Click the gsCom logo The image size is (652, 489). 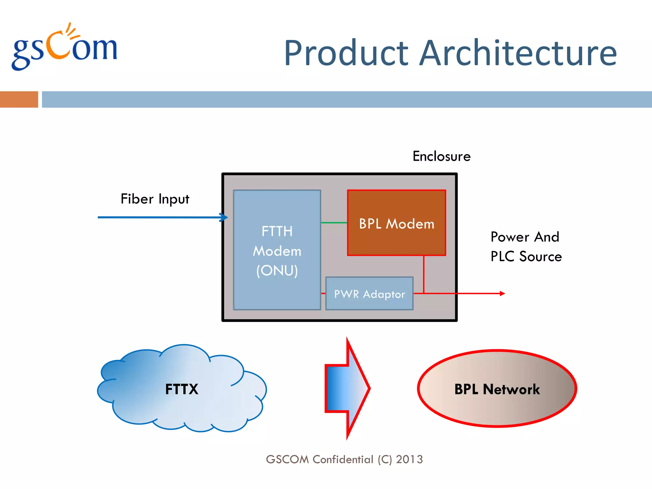pos(65,48)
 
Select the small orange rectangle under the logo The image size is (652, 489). pos(19,99)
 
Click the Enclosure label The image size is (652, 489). pos(442,156)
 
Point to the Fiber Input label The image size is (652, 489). pos(155,199)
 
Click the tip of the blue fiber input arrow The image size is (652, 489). pos(226,217)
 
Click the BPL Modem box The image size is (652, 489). pos(396,223)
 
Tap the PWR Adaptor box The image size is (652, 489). pos(369,294)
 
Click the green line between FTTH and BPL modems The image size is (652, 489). pos(334,223)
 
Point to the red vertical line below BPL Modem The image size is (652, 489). pos(424,274)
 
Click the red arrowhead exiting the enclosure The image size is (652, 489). pos(502,294)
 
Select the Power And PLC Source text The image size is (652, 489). pos(526,247)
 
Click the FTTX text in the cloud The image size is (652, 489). pos(181,389)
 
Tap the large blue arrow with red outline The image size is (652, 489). pos(347,388)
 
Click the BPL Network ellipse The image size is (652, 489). pos(497,389)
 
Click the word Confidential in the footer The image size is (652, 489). pos(343,459)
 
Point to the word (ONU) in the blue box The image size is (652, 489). pos(277,271)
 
